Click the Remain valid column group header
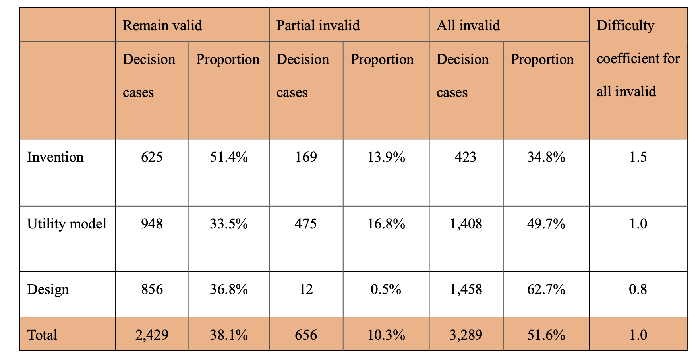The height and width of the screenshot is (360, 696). coord(162,25)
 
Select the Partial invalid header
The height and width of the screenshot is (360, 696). coord(318,25)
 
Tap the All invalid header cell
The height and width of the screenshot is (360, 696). coord(468,25)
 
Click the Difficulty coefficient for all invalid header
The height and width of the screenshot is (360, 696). coord(638,59)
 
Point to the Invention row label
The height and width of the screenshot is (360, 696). coord(55,157)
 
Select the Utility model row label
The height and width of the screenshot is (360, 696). coord(67,224)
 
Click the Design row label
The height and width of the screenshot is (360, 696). coord(48,289)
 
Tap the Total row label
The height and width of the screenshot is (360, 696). coord(42,335)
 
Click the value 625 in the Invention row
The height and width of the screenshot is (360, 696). coord(152,157)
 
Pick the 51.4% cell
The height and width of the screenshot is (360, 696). coord(228,157)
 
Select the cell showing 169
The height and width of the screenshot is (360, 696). coord(306,157)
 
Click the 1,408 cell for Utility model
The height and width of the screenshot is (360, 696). coord(466,224)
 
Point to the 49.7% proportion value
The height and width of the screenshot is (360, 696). coord(546,224)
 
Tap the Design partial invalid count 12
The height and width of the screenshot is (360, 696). coord(306,289)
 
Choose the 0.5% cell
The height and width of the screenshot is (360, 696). coord(386,289)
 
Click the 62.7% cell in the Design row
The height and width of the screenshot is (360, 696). coord(546,289)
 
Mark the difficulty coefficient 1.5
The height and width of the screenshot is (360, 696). coord(638,157)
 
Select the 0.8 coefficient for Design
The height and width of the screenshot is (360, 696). coord(638,289)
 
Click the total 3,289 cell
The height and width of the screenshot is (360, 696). coord(466,335)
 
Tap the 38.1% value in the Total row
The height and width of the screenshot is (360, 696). coord(228,335)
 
